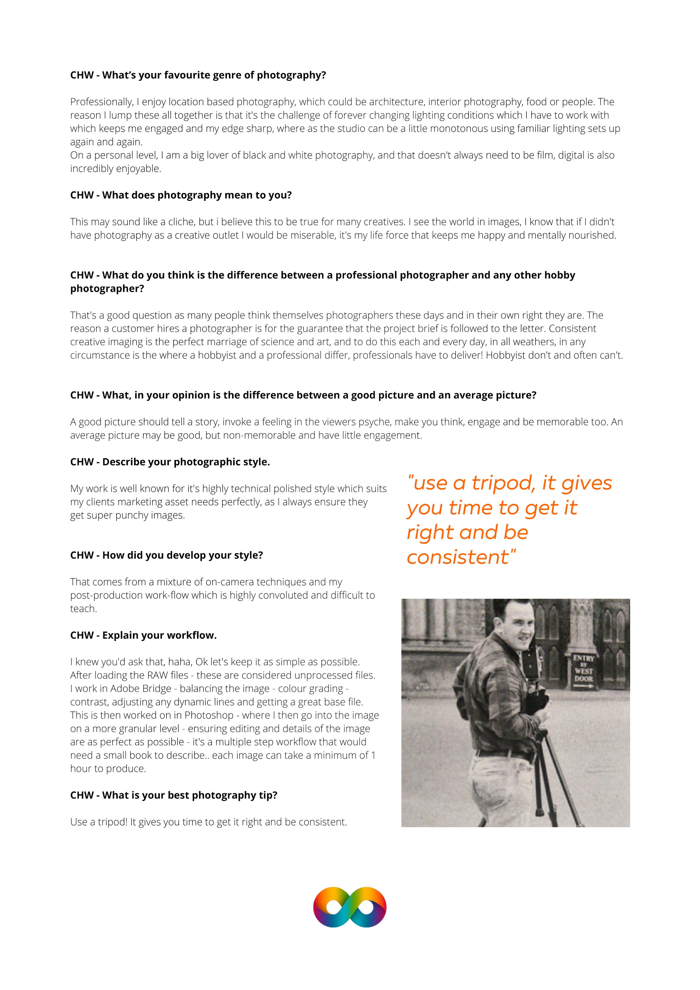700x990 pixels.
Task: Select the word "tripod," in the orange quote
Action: click(504, 483)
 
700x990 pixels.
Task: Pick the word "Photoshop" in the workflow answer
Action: click(209, 715)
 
